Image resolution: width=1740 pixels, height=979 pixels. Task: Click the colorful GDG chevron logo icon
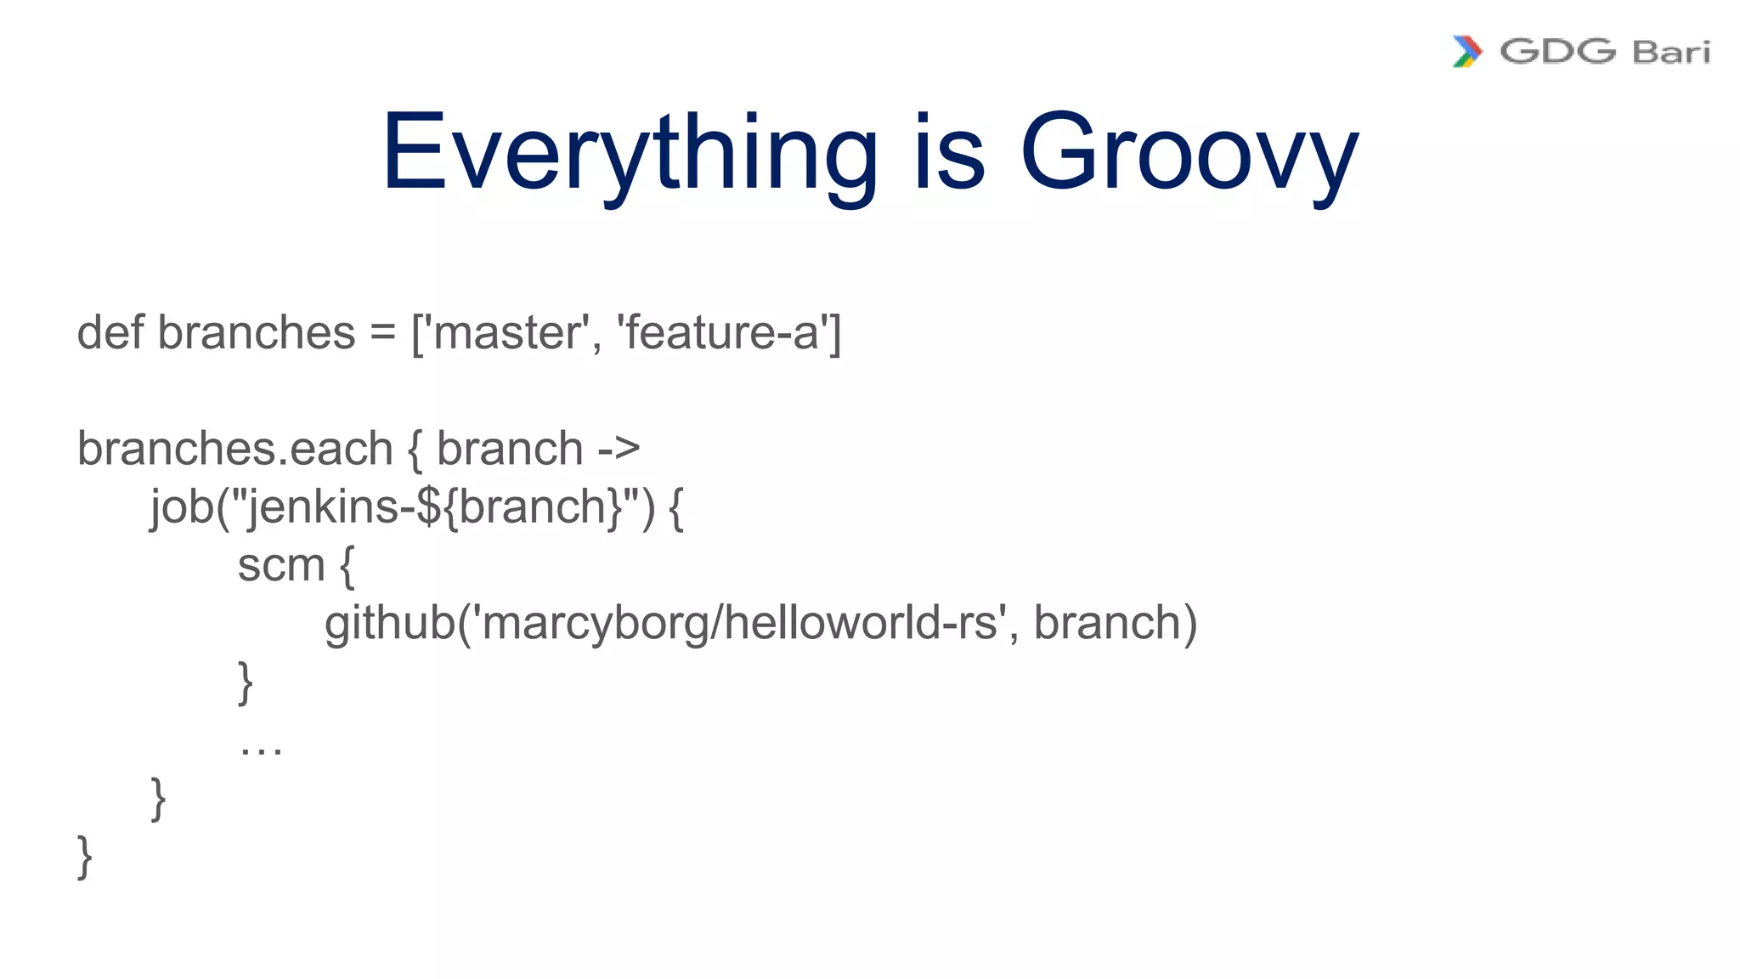coord(1467,52)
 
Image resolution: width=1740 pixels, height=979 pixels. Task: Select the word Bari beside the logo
coord(1670,53)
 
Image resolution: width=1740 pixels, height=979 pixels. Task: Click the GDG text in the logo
coord(1557,52)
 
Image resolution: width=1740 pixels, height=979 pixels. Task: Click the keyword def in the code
coord(110,332)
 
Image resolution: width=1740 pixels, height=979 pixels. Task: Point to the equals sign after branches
coord(382,334)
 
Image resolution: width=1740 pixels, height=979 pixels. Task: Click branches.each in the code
coord(234,449)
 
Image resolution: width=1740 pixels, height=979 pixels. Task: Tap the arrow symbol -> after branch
coord(619,449)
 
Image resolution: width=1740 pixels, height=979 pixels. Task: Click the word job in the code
coord(181,508)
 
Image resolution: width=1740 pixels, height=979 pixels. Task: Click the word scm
coord(280,566)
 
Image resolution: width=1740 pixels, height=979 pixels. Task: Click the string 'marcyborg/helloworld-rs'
coord(738,623)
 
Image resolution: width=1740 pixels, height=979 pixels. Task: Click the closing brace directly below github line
coord(246,682)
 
